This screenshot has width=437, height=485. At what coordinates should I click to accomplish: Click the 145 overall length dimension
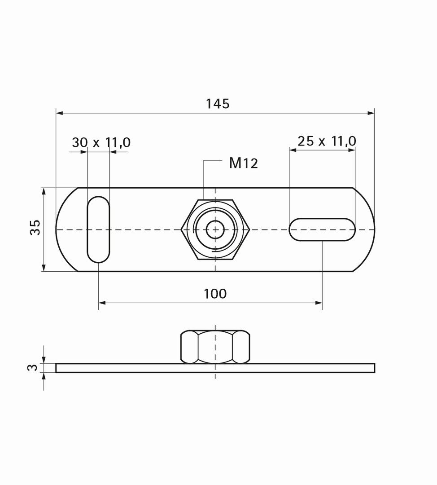(218, 104)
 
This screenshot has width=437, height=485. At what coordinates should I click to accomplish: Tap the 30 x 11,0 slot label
(101, 143)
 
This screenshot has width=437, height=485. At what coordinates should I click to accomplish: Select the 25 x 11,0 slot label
(327, 141)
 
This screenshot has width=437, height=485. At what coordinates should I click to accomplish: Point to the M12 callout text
(244, 163)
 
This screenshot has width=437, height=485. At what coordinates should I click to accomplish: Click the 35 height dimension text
(35, 227)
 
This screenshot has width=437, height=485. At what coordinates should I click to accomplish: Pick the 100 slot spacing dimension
(215, 294)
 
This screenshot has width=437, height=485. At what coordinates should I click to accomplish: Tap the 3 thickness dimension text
(33, 367)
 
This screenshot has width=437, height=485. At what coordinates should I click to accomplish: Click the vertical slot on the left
(98, 229)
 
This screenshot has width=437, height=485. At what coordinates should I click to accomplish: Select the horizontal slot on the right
(322, 229)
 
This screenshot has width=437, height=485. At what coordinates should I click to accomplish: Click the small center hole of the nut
(215, 229)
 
